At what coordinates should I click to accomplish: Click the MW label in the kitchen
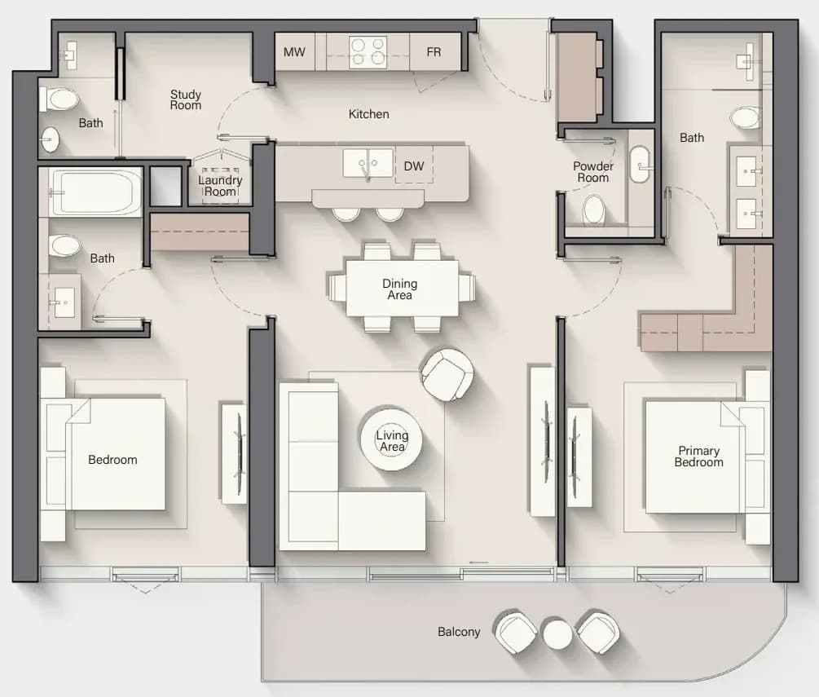coord(294,51)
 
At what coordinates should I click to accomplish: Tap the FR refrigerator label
coord(434,51)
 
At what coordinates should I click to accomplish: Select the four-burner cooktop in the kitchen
coord(368,51)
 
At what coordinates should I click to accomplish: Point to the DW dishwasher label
coord(414,166)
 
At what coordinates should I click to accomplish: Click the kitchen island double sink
coord(368,163)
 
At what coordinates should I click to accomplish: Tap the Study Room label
coord(186,99)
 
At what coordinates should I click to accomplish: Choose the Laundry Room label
coord(220,186)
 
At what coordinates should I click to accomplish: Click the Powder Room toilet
coord(593,210)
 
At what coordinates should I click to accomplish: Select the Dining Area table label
coord(399,289)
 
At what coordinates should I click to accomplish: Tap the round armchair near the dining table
coord(447,375)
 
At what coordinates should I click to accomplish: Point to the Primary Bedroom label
coord(699,457)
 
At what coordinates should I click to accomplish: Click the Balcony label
coord(459,632)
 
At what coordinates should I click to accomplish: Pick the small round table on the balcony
coord(557,633)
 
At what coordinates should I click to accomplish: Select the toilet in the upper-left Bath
coord(59,99)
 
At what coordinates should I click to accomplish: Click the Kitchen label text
coord(369,114)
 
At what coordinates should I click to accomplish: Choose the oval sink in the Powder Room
coord(640,165)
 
